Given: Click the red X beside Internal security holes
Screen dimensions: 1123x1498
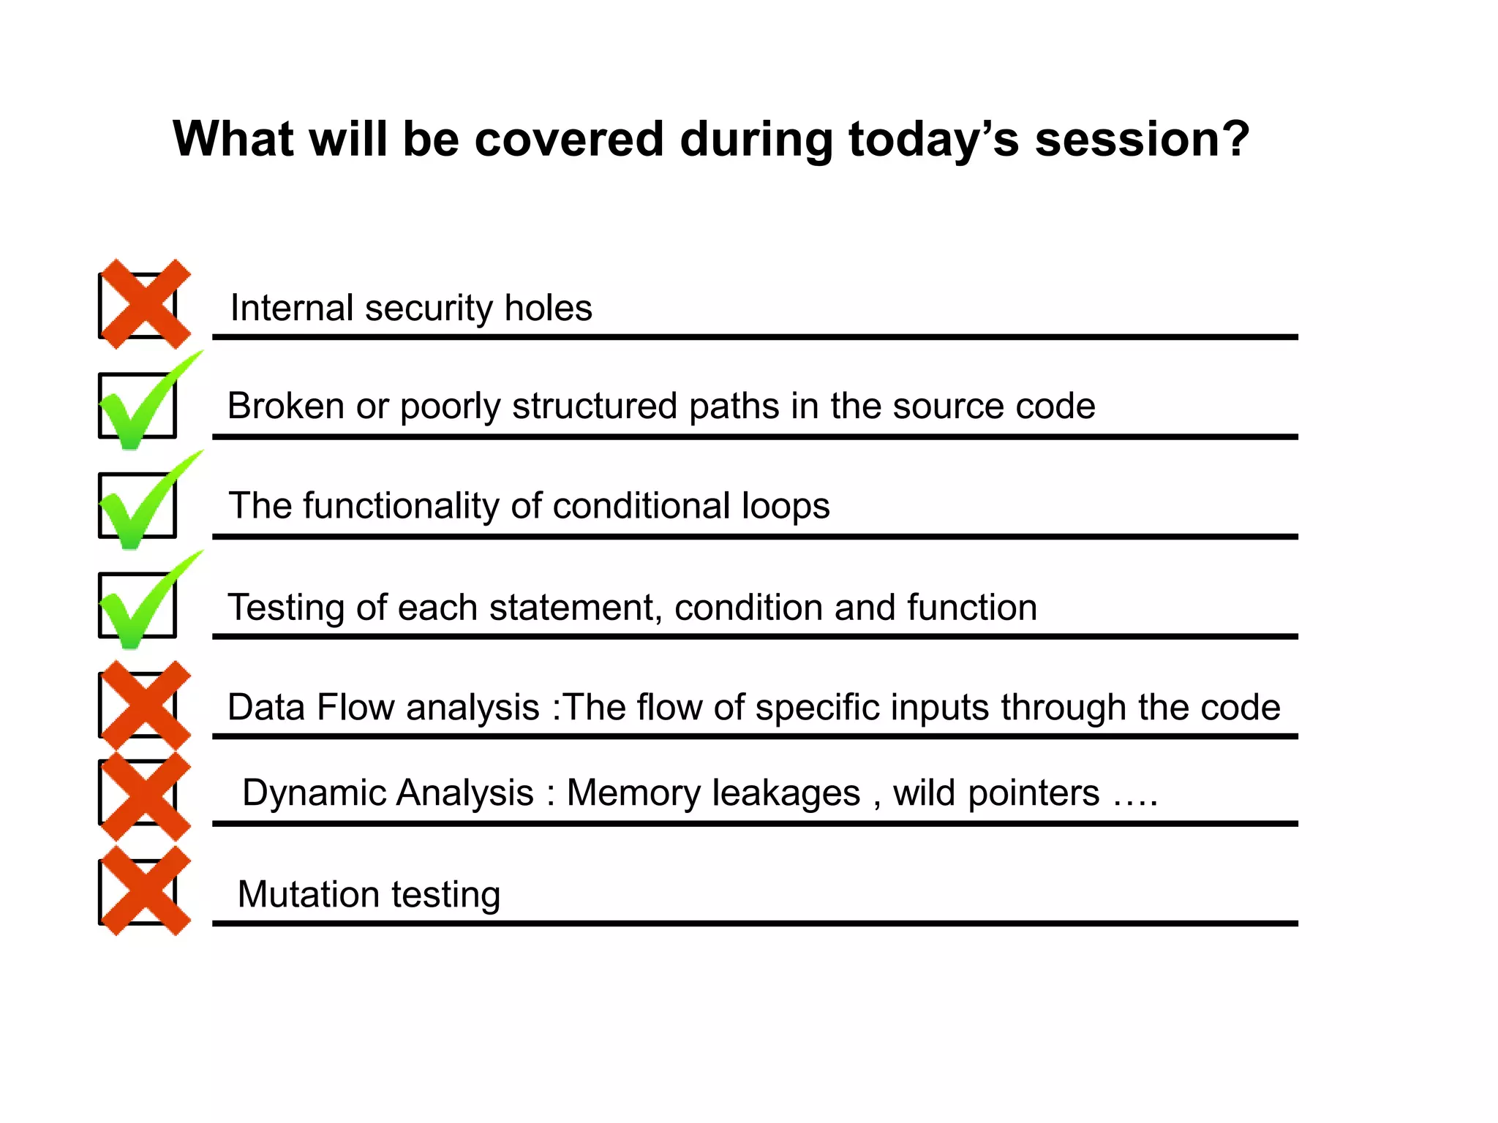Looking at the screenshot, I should [x=145, y=303].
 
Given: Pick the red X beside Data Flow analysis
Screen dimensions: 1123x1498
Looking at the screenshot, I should [x=145, y=706].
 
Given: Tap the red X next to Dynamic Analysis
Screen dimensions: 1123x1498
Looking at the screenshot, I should [x=145, y=795].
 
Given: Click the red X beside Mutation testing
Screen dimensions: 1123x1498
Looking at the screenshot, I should [x=145, y=891].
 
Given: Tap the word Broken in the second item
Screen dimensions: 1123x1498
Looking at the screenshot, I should [x=285, y=406].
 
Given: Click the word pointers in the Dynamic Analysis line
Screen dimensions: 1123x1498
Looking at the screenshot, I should [x=1033, y=793].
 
